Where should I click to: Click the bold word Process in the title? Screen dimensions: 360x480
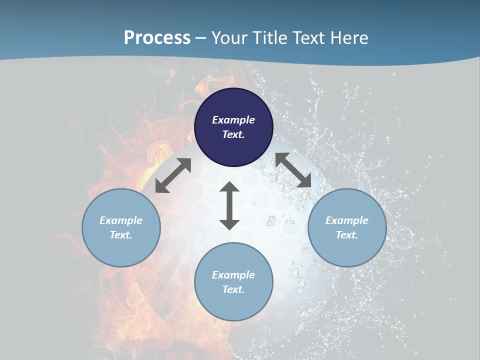157,38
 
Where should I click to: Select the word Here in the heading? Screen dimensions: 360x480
349,38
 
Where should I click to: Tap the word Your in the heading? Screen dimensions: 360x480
230,38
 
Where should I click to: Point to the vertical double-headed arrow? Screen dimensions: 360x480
229,206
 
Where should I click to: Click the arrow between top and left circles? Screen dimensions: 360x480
173,175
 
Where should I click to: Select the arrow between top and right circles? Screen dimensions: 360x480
293,170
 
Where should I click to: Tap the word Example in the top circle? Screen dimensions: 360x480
233,120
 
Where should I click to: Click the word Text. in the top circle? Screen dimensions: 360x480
233,134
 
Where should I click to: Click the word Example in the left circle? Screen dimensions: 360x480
121,220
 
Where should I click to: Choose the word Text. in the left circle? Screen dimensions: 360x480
121,235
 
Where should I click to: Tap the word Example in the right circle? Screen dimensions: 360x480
347,220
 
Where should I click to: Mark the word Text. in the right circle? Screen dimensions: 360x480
347,235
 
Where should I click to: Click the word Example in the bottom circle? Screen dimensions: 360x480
233,275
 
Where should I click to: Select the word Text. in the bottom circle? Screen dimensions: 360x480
233,289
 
